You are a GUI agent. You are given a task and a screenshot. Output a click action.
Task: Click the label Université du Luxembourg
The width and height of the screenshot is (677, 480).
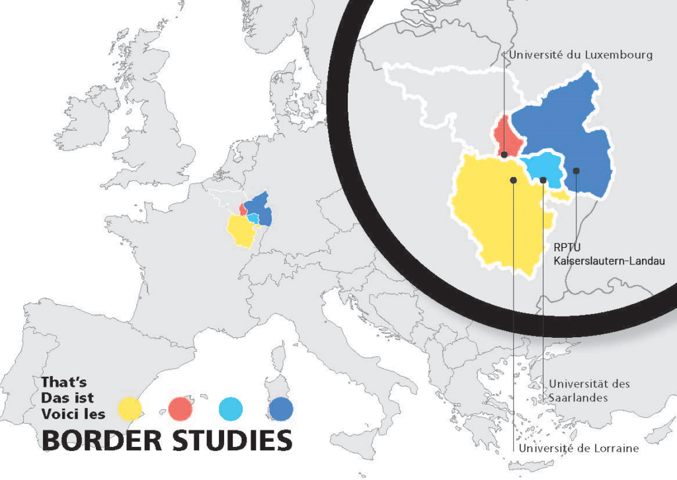coord(580,55)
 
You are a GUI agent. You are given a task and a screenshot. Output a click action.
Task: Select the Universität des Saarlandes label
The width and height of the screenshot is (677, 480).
coord(589,391)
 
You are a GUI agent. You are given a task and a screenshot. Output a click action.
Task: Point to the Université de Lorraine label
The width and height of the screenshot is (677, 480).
coord(579,448)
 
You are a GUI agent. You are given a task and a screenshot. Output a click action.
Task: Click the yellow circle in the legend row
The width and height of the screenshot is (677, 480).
coord(130,409)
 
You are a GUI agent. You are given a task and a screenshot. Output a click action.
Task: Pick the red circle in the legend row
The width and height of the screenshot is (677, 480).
coord(180,409)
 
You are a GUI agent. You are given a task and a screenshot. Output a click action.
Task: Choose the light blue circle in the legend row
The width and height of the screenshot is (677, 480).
coord(230,409)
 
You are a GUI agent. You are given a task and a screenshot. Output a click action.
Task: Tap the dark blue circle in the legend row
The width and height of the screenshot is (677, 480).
coord(281,409)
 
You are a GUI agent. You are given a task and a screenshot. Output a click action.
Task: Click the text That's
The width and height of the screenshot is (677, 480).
coord(63,382)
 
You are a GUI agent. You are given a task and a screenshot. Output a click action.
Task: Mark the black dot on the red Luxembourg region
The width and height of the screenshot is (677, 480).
coord(504,154)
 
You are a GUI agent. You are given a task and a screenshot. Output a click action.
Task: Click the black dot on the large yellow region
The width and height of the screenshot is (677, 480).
coord(513,179)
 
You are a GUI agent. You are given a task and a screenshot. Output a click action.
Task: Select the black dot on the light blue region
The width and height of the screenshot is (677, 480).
coord(543,180)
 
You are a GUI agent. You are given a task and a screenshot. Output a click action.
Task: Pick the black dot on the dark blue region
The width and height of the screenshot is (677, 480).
coord(577,171)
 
